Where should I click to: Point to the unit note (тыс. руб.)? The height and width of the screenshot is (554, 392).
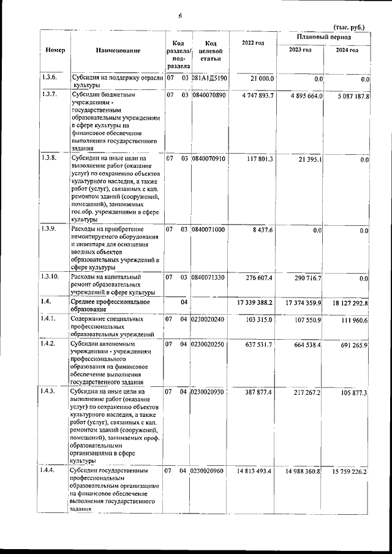[349, 27]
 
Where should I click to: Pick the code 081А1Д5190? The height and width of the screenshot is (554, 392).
[209, 78]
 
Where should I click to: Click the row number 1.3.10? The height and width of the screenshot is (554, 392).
[51, 277]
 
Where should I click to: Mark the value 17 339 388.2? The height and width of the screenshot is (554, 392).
[254, 304]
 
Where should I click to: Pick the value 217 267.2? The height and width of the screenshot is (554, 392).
[306, 392]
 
